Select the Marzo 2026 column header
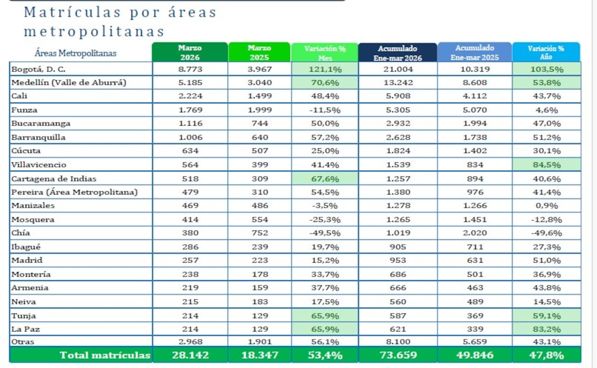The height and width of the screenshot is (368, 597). [x=190, y=53]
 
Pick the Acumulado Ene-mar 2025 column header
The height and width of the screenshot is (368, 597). [x=474, y=53]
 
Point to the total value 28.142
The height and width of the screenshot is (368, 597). [x=190, y=355]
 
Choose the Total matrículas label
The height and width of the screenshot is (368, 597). [x=105, y=355]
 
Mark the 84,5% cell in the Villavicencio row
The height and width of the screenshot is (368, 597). [x=546, y=165]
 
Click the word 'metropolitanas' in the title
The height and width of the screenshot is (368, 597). [x=94, y=31]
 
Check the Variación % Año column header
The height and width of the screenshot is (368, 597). [x=546, y=53]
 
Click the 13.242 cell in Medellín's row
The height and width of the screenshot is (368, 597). [x=397, y=83]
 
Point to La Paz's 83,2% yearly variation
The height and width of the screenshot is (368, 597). [x=546, y=329]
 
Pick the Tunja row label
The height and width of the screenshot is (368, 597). [x=24, y=316]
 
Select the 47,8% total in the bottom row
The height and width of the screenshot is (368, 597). [x=546, y=355]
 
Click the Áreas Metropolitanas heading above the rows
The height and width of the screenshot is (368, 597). [x=76, y=53]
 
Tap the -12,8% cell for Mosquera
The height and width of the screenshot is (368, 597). [x=546, y=220]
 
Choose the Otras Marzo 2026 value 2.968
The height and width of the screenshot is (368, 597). [x=190, y=341]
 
